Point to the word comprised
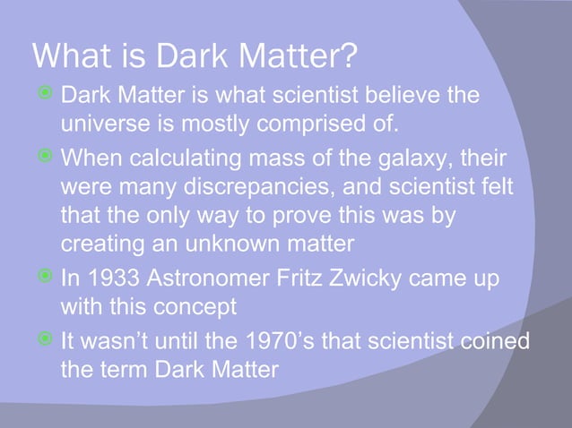[x=308, y=122]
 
